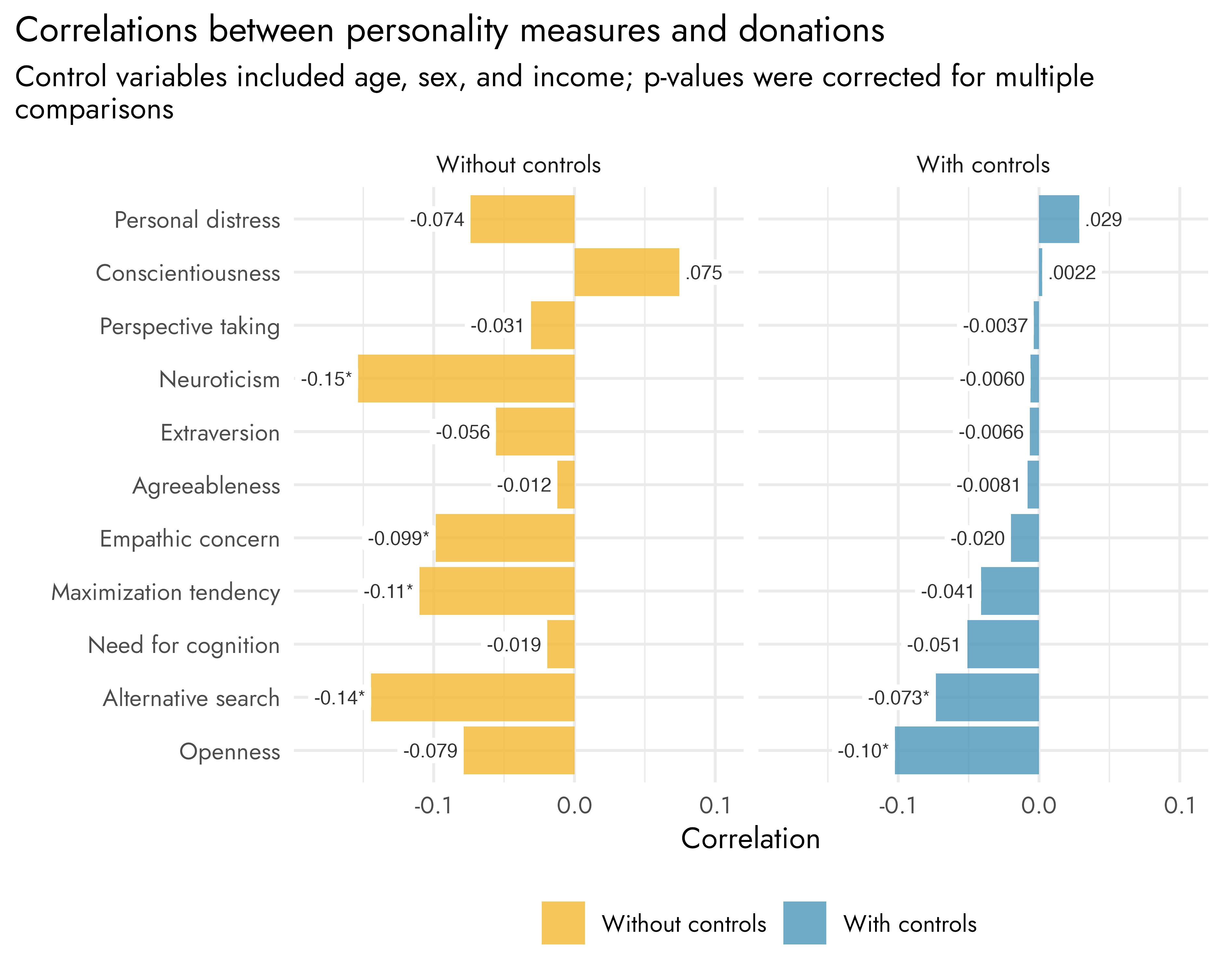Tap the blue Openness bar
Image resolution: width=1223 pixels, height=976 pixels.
(967, 750)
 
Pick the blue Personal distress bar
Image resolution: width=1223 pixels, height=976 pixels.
(1058, 219)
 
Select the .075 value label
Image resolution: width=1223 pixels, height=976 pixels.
(703, 273)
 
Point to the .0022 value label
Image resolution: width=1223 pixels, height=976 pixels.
(1071, 273)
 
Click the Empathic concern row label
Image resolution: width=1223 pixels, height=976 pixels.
(190, 538)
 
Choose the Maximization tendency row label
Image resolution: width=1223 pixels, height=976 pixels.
(166, 592)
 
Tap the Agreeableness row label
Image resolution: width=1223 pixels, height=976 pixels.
(206, 486)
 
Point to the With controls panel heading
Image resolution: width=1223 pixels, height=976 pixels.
(983, 165)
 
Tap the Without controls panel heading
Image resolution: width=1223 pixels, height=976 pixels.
(518, 165)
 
